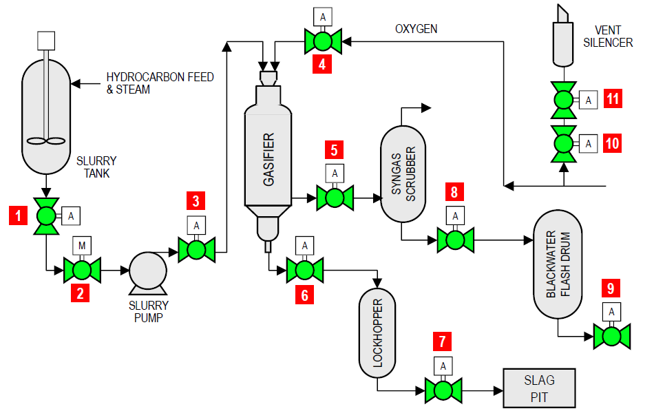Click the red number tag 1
point(17,215)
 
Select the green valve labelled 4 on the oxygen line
point(322,42)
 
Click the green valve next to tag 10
point(564,143)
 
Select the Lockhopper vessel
point(377,333)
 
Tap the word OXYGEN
point(416,29)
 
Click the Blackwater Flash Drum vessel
point(558,264)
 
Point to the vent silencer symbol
point(563,41)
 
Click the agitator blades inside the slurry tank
point(47,141)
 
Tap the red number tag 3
point(197,202)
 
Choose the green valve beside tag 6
point(305,271)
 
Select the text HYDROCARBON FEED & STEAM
point(160,83)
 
